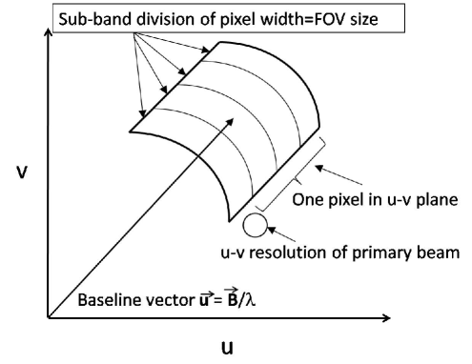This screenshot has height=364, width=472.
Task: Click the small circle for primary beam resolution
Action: pos(256,226)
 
